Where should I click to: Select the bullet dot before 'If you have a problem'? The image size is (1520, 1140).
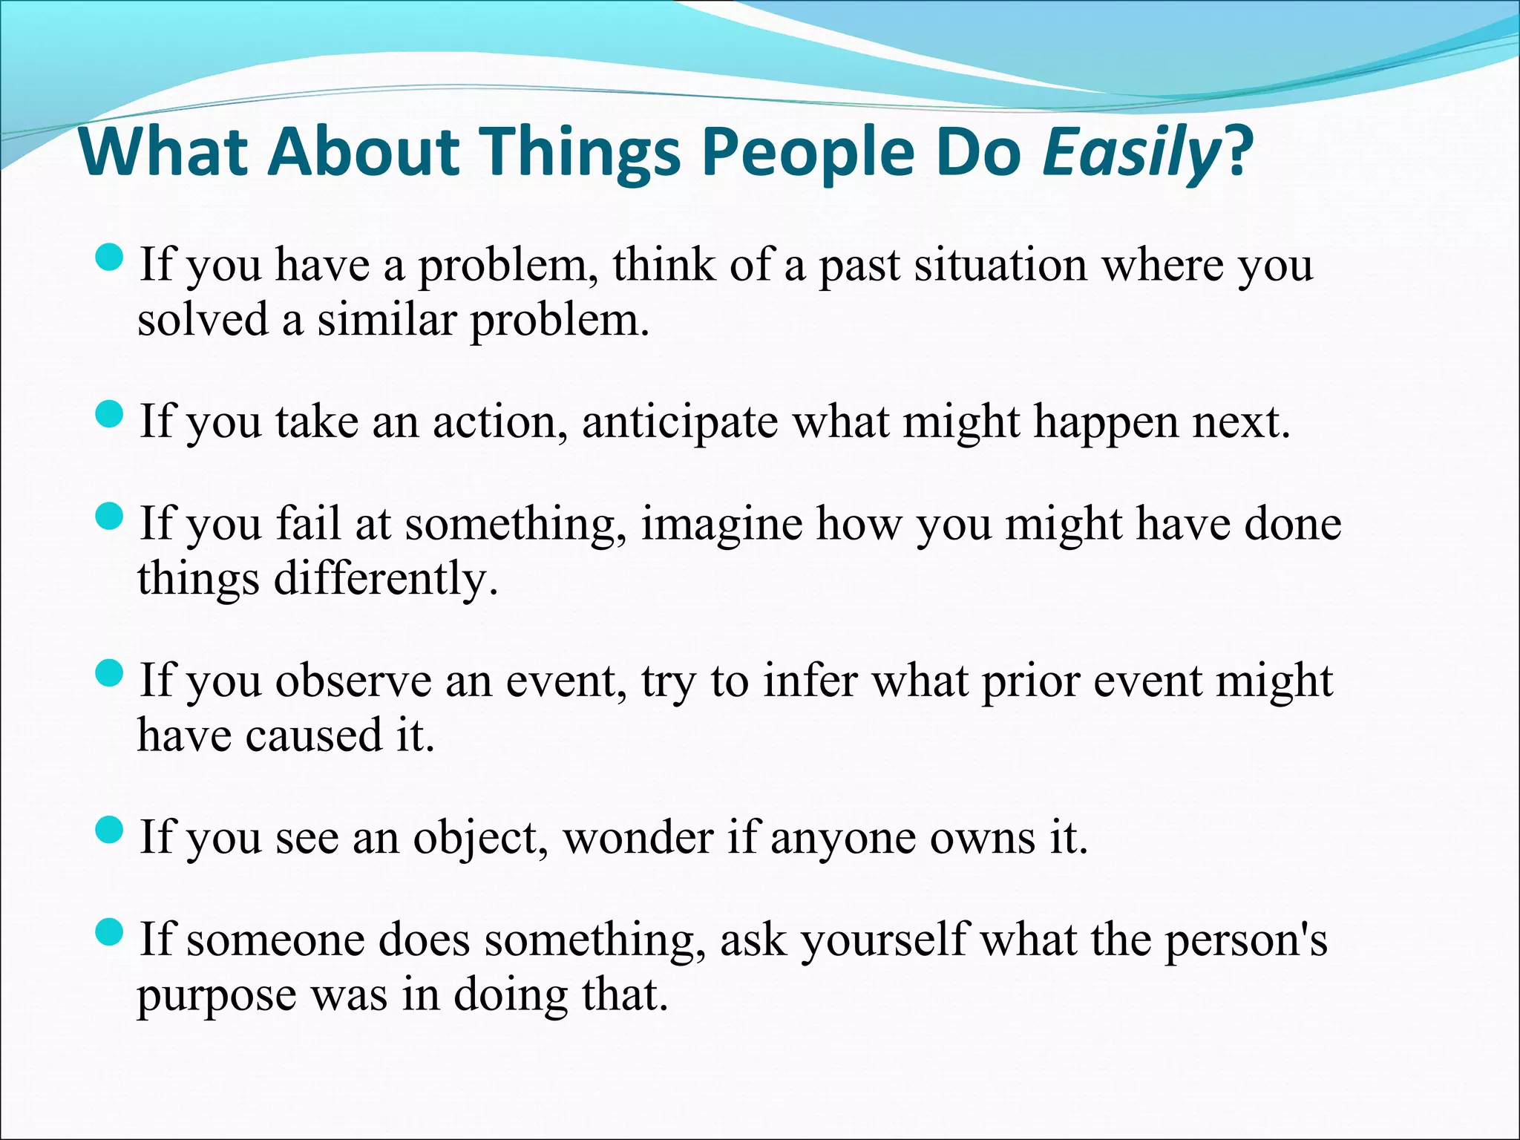[109, 258]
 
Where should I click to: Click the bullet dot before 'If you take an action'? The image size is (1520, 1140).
[109, 415]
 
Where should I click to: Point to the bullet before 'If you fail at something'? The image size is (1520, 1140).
[109, 517]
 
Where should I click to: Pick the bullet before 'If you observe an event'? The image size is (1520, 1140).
[109, 674]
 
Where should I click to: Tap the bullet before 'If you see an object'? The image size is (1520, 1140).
[109, 831]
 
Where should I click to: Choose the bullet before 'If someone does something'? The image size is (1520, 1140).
[109, 933]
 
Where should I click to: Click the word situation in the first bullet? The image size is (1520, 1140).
[1000, 265]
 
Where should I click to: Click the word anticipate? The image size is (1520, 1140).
[680, 422]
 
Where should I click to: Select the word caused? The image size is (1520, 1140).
[312, 736]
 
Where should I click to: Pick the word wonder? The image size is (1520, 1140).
[638, 838]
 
